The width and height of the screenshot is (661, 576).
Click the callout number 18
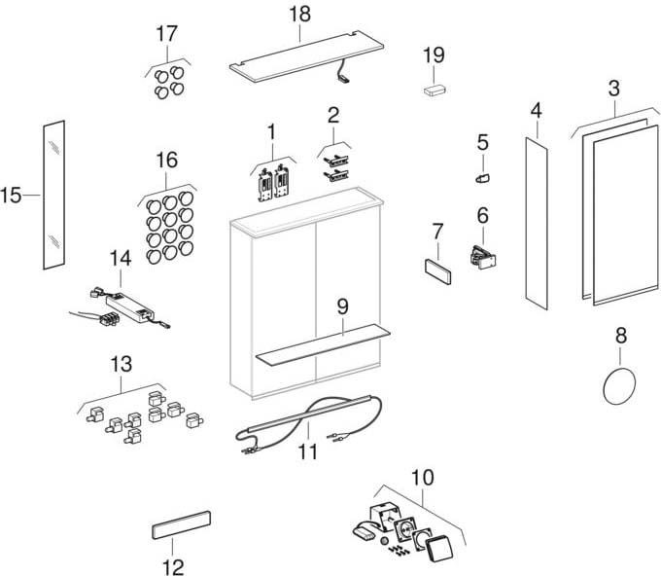pos(298,14)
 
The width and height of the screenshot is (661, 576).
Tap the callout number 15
pos(12,196)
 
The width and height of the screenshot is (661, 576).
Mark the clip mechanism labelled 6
pos(482,256)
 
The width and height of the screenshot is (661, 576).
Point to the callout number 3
pos(613,89)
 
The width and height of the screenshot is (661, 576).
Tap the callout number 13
pos(121,364)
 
